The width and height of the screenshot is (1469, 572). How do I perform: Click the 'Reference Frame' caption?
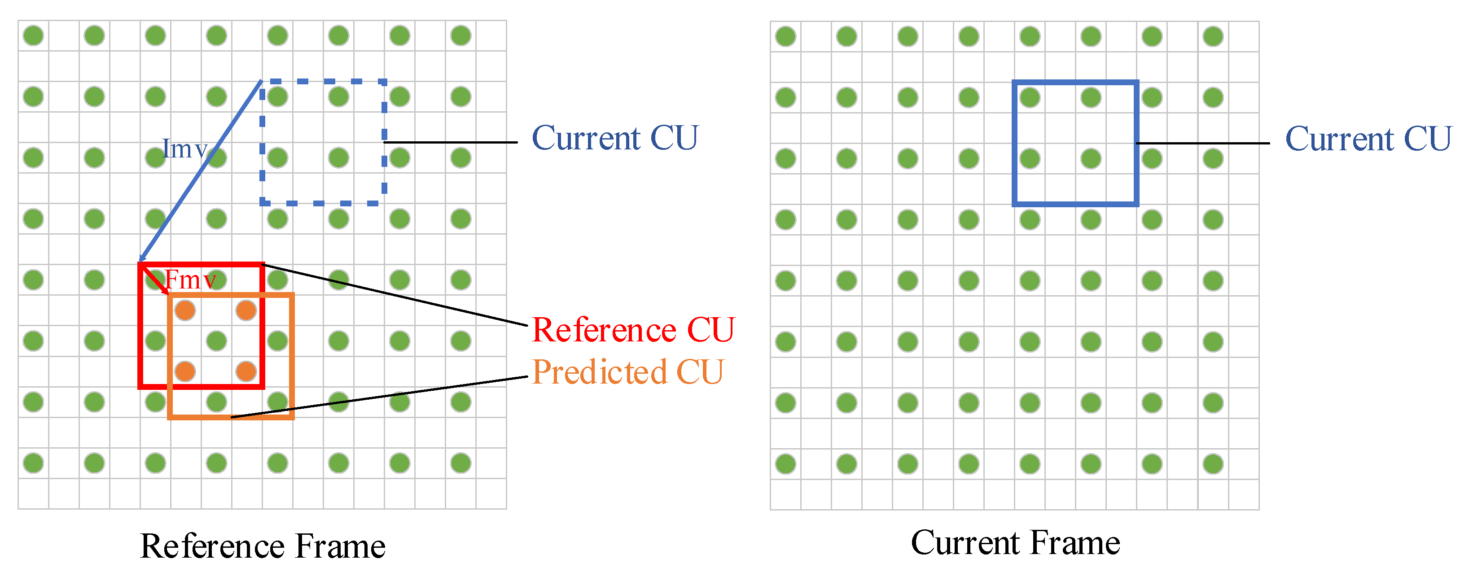click(x=263, y=546)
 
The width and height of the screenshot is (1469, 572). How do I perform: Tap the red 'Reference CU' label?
click(x=633, y=330)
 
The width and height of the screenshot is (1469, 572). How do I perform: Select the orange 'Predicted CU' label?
click(x=627, y=372)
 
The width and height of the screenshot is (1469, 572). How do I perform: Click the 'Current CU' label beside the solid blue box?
click(x=1368, y=139)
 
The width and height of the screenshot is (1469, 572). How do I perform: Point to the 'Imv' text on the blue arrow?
click(x=184, y=149)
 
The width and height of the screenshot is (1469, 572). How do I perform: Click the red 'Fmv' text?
click(x=190, y=280)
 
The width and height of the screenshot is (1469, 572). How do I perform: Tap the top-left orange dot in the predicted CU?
click(x=185, y=311)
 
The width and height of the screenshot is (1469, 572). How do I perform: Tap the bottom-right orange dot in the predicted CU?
click(x=246, y=371)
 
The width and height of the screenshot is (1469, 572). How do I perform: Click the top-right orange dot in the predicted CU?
click(x=246, y=311)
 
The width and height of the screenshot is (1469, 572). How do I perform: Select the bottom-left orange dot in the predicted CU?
click(x=185, y=371)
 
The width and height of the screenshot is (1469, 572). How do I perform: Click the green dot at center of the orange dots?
click(x=216, y=341)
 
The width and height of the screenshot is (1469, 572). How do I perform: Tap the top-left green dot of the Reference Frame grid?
click(x=33, y=35)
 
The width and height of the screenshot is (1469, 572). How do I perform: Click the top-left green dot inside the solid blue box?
click(x=1029, y=97)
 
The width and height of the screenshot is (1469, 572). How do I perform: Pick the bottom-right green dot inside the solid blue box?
click(x=1090, y=158)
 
